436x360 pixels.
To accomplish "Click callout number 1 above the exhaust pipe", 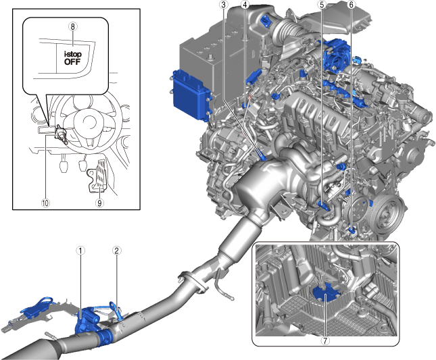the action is [x=80, y=251].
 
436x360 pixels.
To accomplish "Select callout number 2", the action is [x=117, y=251].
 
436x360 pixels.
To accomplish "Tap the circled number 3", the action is [x=223, y=5].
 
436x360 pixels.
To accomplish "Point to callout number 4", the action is [x=245, y=5].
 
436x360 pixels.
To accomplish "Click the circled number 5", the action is [x=322, y=5].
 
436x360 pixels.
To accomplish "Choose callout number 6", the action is [x=352, y=5].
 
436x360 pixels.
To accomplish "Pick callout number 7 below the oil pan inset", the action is [x=324, y=340].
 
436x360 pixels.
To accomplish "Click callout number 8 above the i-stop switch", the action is [x=72, y=26].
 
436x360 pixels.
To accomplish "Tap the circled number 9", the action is [x=99, y=203].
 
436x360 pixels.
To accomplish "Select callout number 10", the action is [x=45, y=203].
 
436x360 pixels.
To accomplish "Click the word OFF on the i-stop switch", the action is [x=72, y=61].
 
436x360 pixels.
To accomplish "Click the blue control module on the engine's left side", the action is [x=191, y=95].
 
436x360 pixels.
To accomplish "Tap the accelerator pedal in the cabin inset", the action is [x=100, y=174].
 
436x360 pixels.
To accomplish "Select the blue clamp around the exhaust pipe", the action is [x=105, y=336].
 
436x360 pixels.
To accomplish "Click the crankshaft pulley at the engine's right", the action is [x=386, y=213].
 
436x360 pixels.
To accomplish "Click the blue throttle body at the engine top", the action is [x=337, y=54].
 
